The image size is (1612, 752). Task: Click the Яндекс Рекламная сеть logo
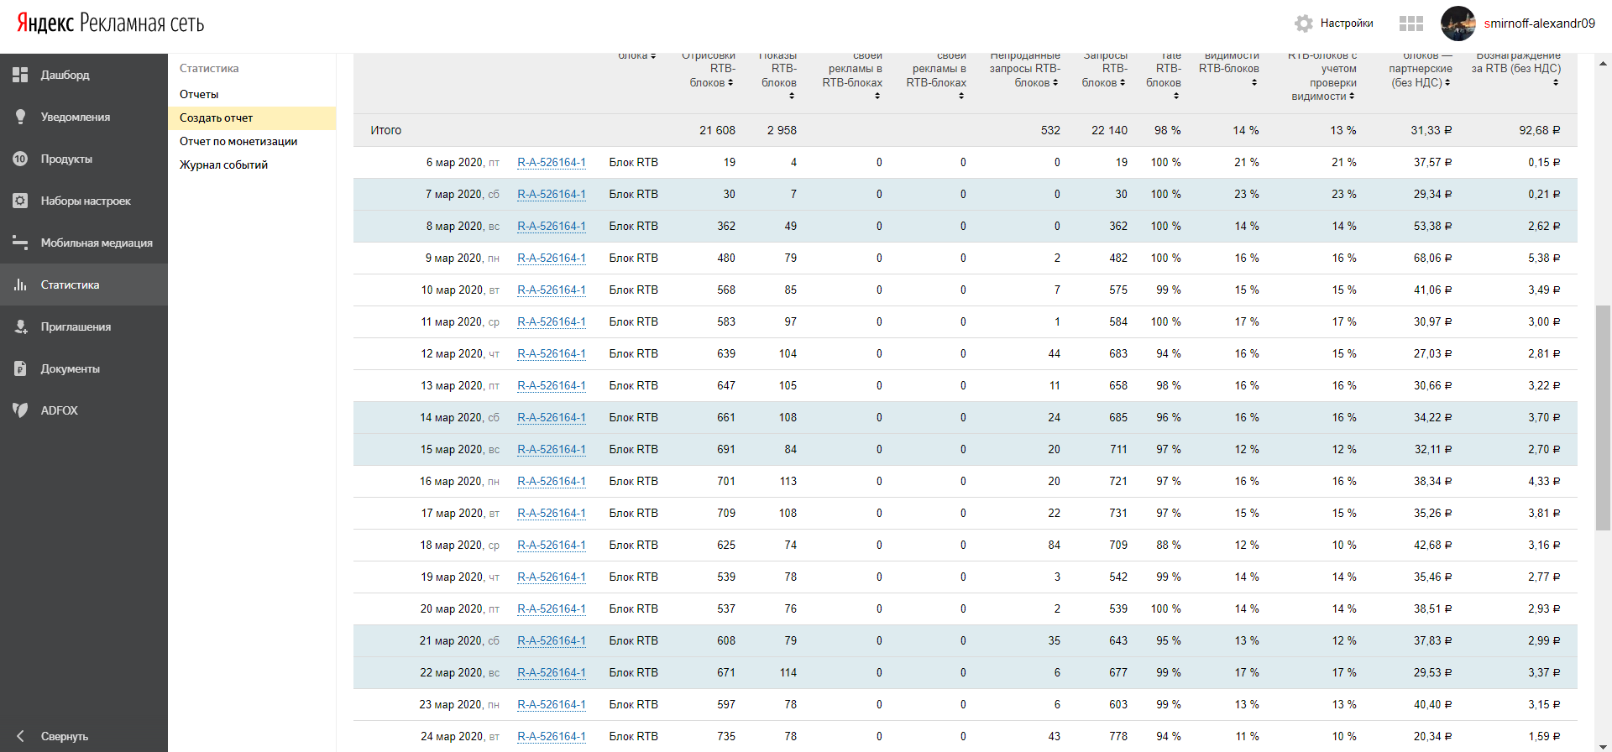point(110,23)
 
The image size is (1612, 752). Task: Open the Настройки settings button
point(1334,23)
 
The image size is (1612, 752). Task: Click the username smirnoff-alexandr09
point(1539,23)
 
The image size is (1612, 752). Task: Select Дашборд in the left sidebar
point(65,75)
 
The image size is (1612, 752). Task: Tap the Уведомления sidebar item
point(75,117)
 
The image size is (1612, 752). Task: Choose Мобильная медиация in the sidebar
point(96,243)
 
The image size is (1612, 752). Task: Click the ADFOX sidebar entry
point(59,410)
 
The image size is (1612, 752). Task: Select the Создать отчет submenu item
point(216,118)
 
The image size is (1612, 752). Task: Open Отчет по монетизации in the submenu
point(238,142)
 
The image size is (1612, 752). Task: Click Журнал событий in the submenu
point(223,165)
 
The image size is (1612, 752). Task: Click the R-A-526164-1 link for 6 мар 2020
point(552,163)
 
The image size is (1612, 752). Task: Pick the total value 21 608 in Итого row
point(717,130)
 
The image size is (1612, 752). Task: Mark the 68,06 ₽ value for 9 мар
point(1432,258)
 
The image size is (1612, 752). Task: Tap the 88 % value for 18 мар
point(1168,546)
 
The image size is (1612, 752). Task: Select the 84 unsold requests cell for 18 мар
point(1054,546)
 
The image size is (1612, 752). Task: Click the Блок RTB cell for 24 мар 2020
point(633,737)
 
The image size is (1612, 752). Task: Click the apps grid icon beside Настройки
point(1410,23)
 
